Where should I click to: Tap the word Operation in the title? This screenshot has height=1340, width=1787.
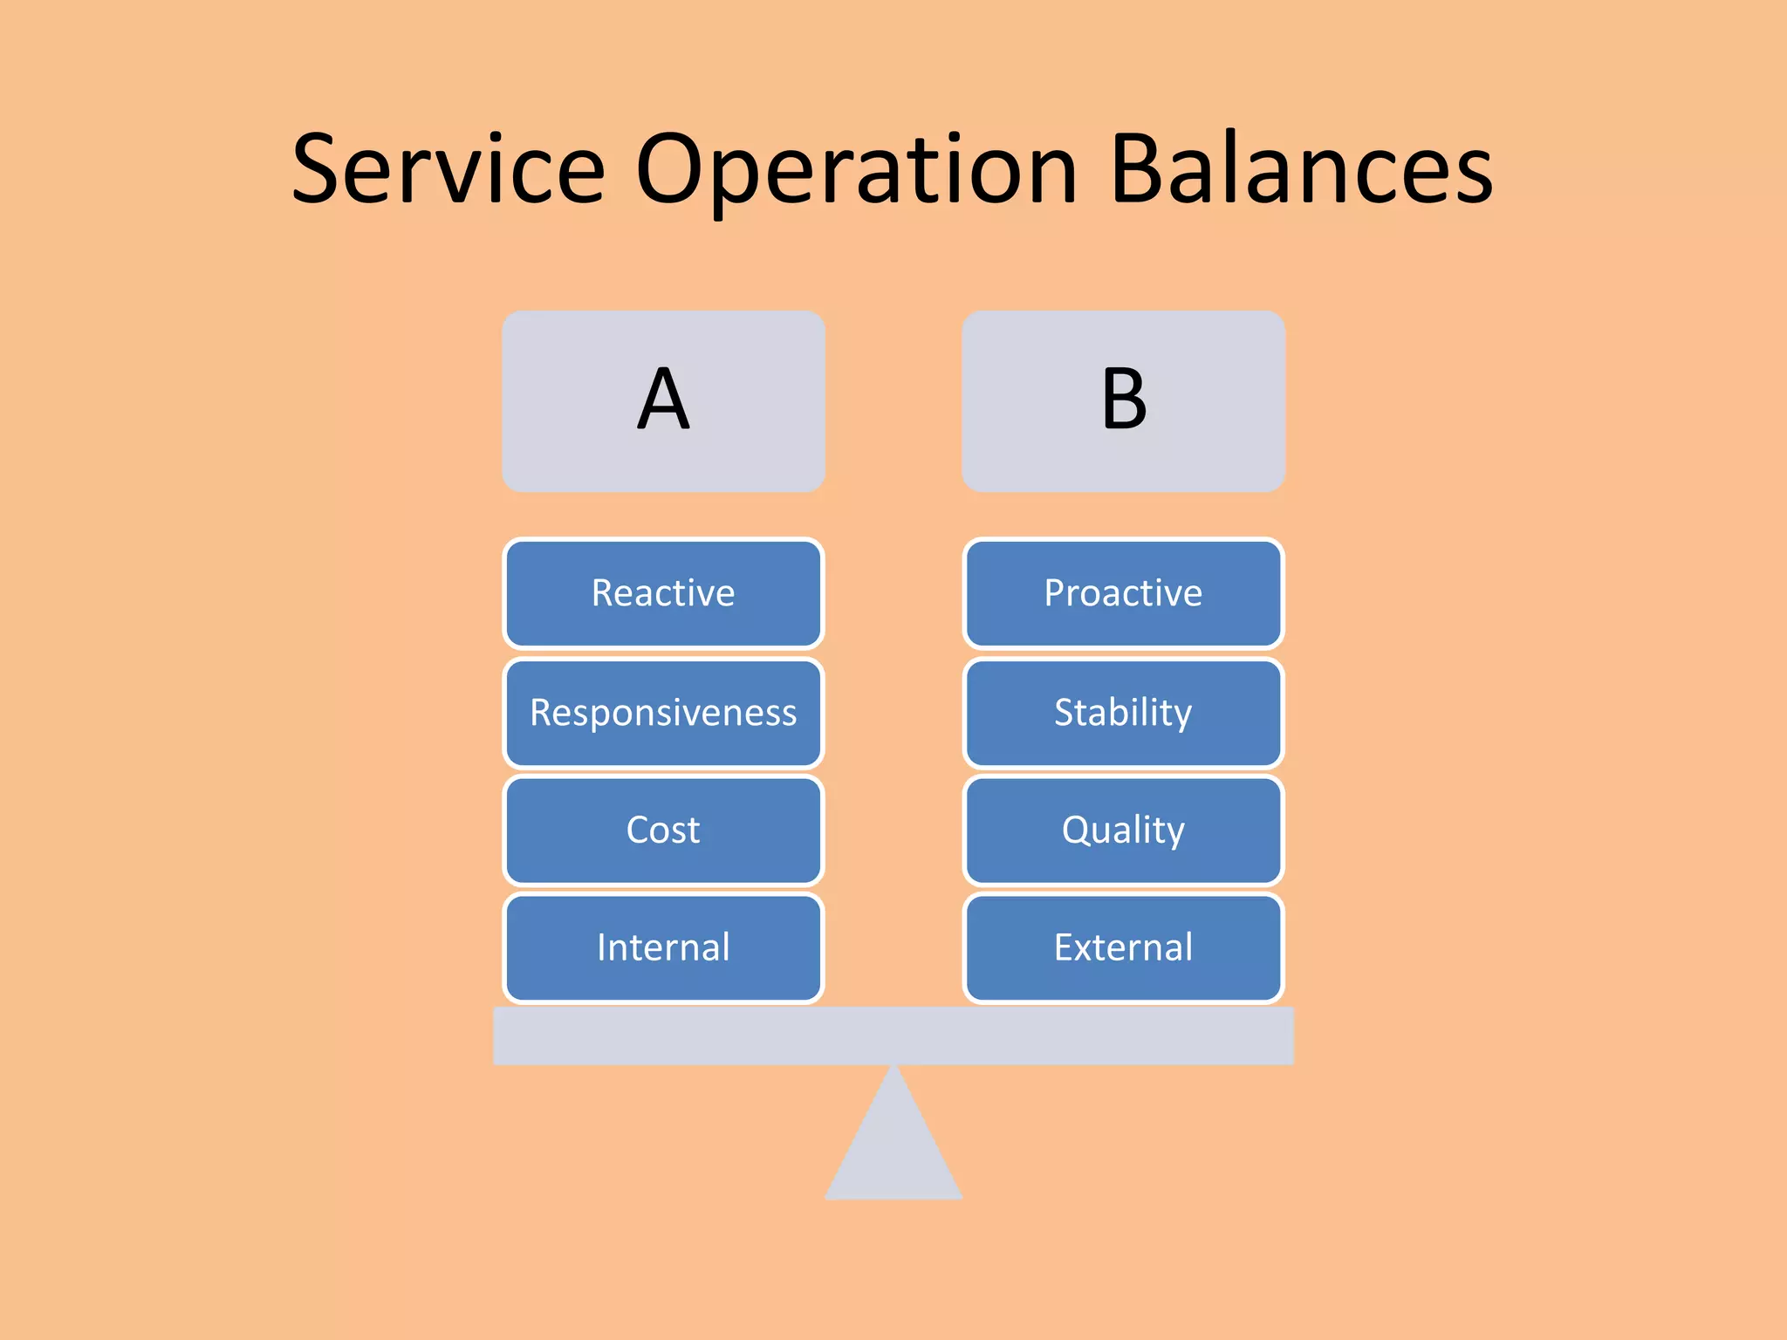856,170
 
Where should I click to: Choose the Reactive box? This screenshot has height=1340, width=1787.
663,593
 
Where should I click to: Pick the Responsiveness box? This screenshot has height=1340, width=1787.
663,713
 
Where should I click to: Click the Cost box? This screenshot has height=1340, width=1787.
663,830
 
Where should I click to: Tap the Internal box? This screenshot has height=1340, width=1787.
663,947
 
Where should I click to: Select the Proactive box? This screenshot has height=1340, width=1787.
1123,593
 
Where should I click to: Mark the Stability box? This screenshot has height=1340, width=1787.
1123,713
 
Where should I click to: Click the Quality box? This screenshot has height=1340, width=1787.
1123,830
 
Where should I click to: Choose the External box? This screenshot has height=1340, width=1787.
1123,947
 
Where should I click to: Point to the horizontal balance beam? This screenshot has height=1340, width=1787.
893,1036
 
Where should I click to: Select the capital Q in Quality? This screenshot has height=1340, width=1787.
1078,829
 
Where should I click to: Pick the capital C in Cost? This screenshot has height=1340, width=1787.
640,830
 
